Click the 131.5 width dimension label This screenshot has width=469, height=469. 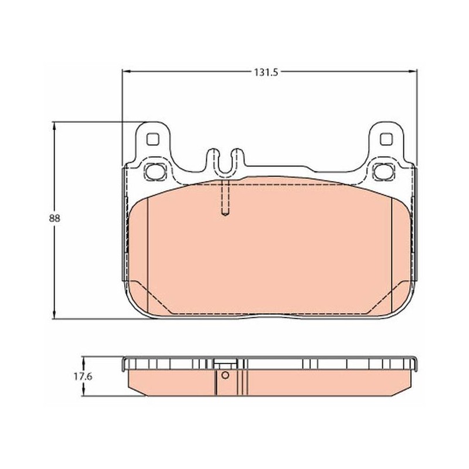pos(266,72)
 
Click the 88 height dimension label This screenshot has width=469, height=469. pos(55,218)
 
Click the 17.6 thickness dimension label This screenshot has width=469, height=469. pos(83,377)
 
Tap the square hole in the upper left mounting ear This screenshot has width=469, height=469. pos(152,139)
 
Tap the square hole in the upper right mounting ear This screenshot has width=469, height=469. pos(386,139)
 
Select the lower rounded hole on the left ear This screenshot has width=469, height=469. pos(155,172)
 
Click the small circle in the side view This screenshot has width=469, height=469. pos(225,375)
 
